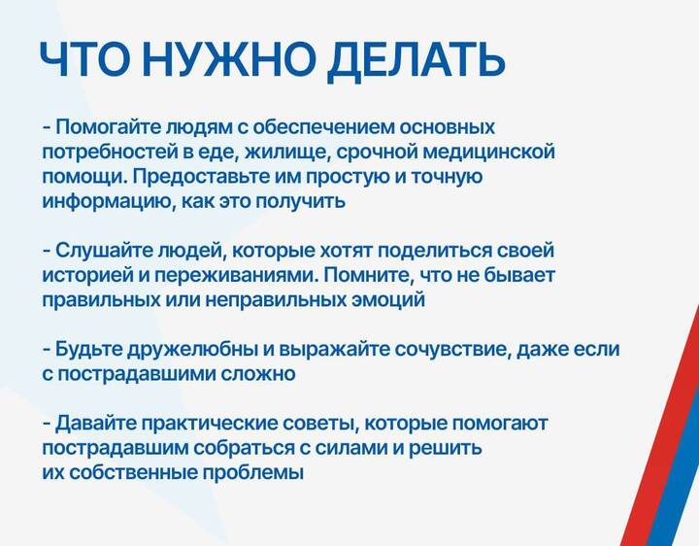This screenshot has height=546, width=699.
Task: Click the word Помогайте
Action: point(108,127)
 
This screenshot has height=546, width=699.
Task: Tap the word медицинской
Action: point(488,153)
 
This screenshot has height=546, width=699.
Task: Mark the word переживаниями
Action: point(237,275)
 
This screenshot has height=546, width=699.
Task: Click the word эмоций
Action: point(388,300)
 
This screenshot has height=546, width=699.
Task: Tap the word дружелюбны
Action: point(192,350)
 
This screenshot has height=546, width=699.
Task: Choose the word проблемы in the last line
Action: point(253,473)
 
